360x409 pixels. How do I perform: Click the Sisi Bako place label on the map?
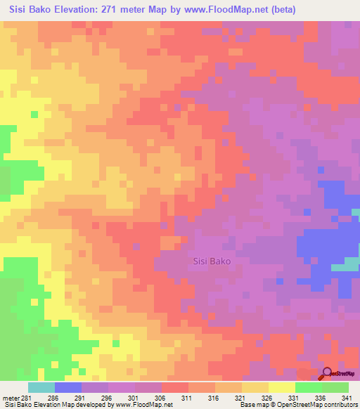pos(212,261)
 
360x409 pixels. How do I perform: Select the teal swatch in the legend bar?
pos(41,387)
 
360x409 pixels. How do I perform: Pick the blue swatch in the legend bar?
pos(67,387)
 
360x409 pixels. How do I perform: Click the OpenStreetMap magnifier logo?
pos(326,372)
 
